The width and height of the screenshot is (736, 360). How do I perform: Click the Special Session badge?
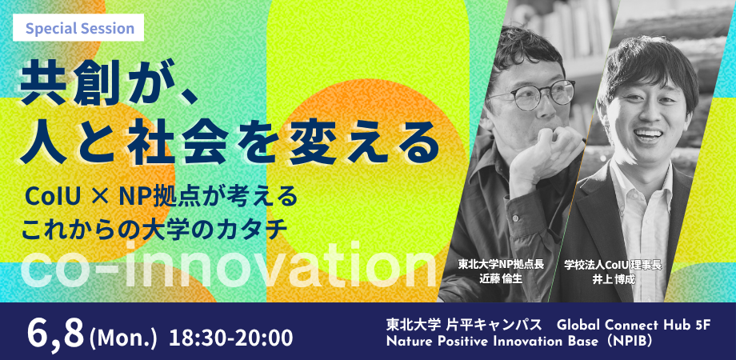click(x=78, y=28)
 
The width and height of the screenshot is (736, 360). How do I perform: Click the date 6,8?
click(x=56, y=333)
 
